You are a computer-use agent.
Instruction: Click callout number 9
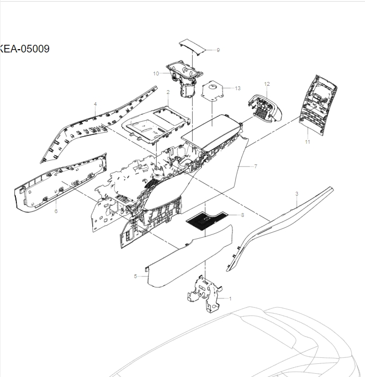218,50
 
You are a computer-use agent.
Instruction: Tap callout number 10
155,73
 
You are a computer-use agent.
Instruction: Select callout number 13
237,88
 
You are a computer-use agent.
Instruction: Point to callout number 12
267,84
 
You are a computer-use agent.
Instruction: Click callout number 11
307,142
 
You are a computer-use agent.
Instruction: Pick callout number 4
95,103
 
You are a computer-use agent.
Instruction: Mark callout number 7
255,166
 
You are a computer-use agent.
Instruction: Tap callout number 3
296,193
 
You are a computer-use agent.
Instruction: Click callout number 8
242,215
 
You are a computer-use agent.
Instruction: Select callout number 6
56,211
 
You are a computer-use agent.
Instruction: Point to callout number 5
135,276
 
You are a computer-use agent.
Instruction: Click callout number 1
230,298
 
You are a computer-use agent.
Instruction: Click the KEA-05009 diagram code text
25,49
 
